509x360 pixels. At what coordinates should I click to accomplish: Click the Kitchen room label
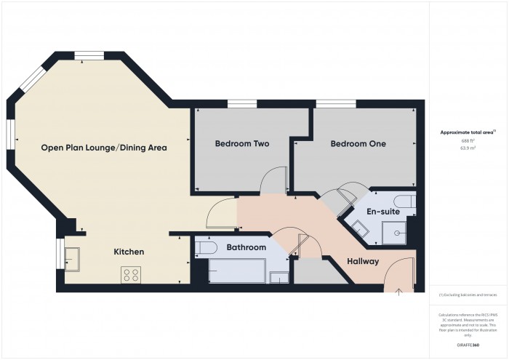tap(129, 252)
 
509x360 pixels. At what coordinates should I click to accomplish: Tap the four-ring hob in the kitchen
tap(131, 274)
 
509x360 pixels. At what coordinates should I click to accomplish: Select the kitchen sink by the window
tap(73, 255)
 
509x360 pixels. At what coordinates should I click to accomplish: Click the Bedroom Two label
tap(241, 144)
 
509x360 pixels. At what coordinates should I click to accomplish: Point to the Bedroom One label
tap(358, 144)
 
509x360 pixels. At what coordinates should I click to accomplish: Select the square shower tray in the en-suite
tap(398, 232)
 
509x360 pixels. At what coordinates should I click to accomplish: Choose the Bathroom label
tap(247, 248)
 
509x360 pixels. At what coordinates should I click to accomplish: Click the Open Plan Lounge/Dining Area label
tap(104, 148)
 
